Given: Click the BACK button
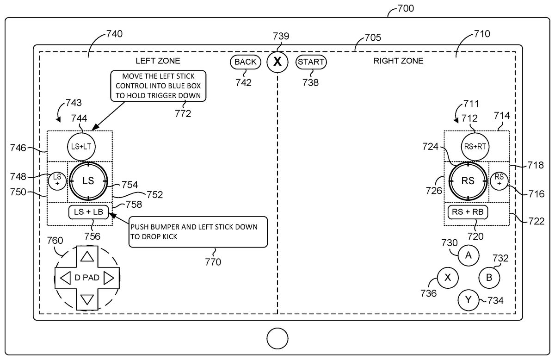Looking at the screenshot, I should (x=245, y=62).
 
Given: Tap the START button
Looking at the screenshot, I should (x=311, y=62).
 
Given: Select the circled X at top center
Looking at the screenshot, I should (x=277, y=62).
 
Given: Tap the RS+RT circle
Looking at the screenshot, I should (x=475, y=145).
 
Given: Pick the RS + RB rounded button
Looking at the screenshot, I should (x=468, y=212).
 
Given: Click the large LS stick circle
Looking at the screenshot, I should (x=88, y=181).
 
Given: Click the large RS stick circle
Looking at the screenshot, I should (x=468, y=181).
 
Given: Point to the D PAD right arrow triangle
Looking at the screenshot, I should (x=109, y=278).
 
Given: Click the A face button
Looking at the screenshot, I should (x=469, y=255).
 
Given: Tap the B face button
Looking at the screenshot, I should (x=488, y=278).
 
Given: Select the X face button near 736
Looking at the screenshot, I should (x=448, y=278).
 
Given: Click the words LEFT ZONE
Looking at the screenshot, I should (x=158, y=61).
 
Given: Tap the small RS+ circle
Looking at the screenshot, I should (x=499, y=180).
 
